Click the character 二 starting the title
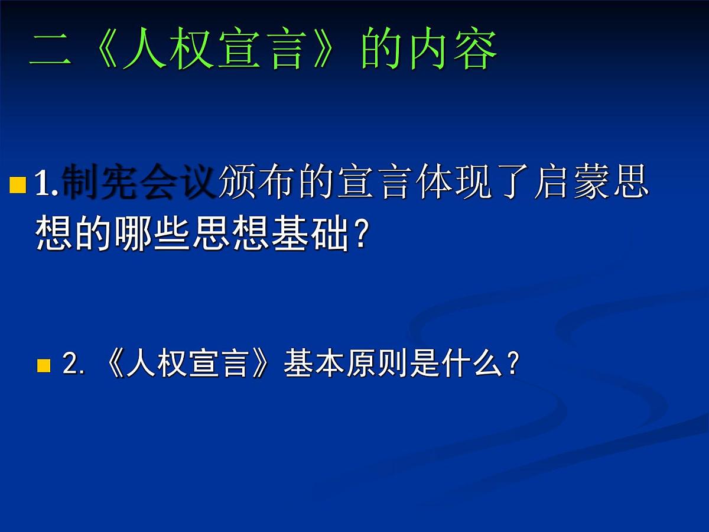tap(51, 51)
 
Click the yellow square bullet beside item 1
tap(18, 185)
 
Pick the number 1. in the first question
tap(47, 184)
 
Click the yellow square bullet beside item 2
tap(44, 365)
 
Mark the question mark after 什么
tap(512, 365)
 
